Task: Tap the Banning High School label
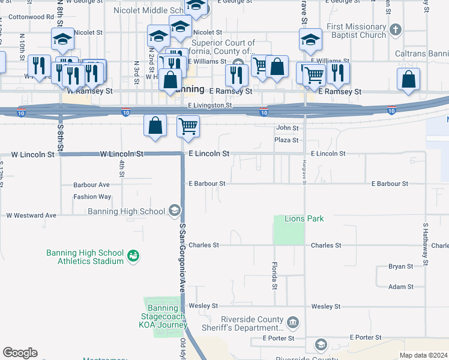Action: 126,211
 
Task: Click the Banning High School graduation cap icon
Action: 174,210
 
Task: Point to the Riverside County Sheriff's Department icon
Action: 292,323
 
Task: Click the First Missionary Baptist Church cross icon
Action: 395,29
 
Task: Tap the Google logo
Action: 20,353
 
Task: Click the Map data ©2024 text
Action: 423,355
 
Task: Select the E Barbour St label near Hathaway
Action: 390,184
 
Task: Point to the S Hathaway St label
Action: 425,244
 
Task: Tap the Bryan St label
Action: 400,266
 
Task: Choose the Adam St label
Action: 400,287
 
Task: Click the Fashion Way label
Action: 92,197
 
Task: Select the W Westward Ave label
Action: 31,215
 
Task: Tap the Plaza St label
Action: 286,140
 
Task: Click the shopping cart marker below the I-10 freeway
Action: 188,126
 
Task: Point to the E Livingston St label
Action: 209,105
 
